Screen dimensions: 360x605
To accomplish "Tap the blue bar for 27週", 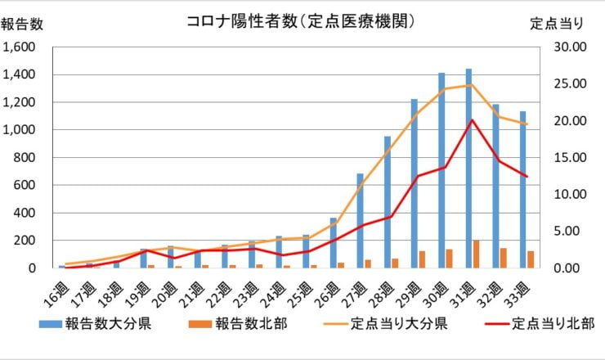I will tap(360, 220).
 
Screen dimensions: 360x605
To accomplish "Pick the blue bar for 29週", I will tap(415, 183).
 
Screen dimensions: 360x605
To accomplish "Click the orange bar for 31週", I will tap(477, 254).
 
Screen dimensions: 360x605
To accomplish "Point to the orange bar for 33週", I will tap(531, 259).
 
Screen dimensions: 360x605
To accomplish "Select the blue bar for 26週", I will tap(333, 242).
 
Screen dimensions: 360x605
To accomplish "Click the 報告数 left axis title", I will tap(22, 24).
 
